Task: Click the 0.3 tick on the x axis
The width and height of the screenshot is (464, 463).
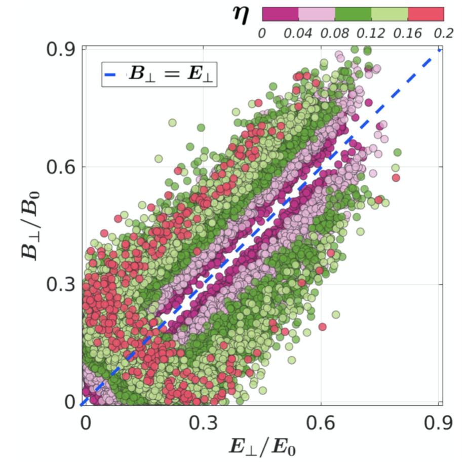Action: pos(203,422)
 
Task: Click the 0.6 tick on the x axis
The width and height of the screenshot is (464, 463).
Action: pos(321,422)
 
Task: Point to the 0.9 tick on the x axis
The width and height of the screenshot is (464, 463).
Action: pos(439,422)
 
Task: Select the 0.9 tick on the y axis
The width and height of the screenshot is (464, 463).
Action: pos(61,50)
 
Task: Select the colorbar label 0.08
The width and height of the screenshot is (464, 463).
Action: pos(334,34)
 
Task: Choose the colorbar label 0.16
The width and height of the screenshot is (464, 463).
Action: pos(408,34)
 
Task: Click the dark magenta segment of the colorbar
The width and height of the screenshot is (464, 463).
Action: pos(280,14)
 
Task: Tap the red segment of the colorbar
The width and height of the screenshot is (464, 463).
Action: pos(426,14)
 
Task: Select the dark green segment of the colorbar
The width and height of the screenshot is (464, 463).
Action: pos(353,14)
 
